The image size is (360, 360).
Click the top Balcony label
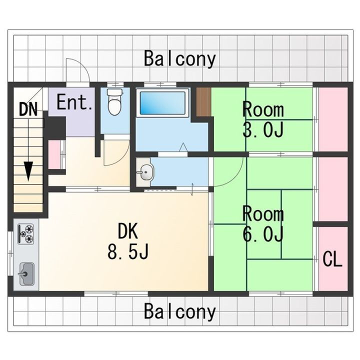click(180, 58)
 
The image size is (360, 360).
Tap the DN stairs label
click(28, 109)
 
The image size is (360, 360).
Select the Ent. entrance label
click(74, 103)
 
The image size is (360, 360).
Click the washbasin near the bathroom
click(145, 173)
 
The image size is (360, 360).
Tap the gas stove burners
click(26, 233)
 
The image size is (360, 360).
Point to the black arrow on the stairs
click(29, 171)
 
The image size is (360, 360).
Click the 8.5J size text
click(128, 252)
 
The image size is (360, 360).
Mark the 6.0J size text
click(263, 233)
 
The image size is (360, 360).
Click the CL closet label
click(332, 259)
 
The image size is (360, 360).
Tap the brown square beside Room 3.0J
click(203, 102)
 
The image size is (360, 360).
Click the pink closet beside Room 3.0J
click(332, 119)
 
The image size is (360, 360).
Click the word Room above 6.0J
click(263, 214)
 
